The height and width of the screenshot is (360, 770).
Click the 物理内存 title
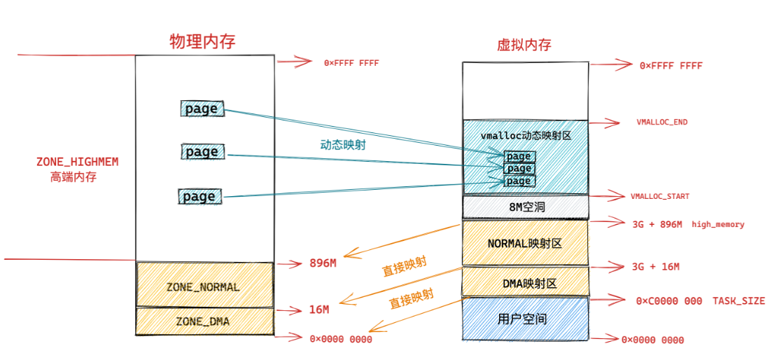click(x=202, y=41)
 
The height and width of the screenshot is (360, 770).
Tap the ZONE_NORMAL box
click(x=203, y=286)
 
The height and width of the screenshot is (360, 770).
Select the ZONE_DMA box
click(x=203, y=321)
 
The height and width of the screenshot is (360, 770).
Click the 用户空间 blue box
click(x=524, y=319)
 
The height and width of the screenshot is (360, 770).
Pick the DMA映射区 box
click(x=524, y=283)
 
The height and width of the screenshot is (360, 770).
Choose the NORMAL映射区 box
click(x=524, y=243)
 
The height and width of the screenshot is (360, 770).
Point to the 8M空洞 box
click(x=524, y=207)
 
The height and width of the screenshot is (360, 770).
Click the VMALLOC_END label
click(x=661, y=122)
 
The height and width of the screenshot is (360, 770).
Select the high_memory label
click(x=718, y=224)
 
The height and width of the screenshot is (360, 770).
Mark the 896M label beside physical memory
click(x=323, y=263)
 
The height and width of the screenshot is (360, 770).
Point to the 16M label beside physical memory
click(x=318, y=309)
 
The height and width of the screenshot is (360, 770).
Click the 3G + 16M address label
click(x=655, y=266)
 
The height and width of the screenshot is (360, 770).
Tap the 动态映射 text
click(x=343, y=145)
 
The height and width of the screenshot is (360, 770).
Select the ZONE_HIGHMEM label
click(x=77, y=162)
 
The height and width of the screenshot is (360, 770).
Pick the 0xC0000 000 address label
click(x=668, y=300)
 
